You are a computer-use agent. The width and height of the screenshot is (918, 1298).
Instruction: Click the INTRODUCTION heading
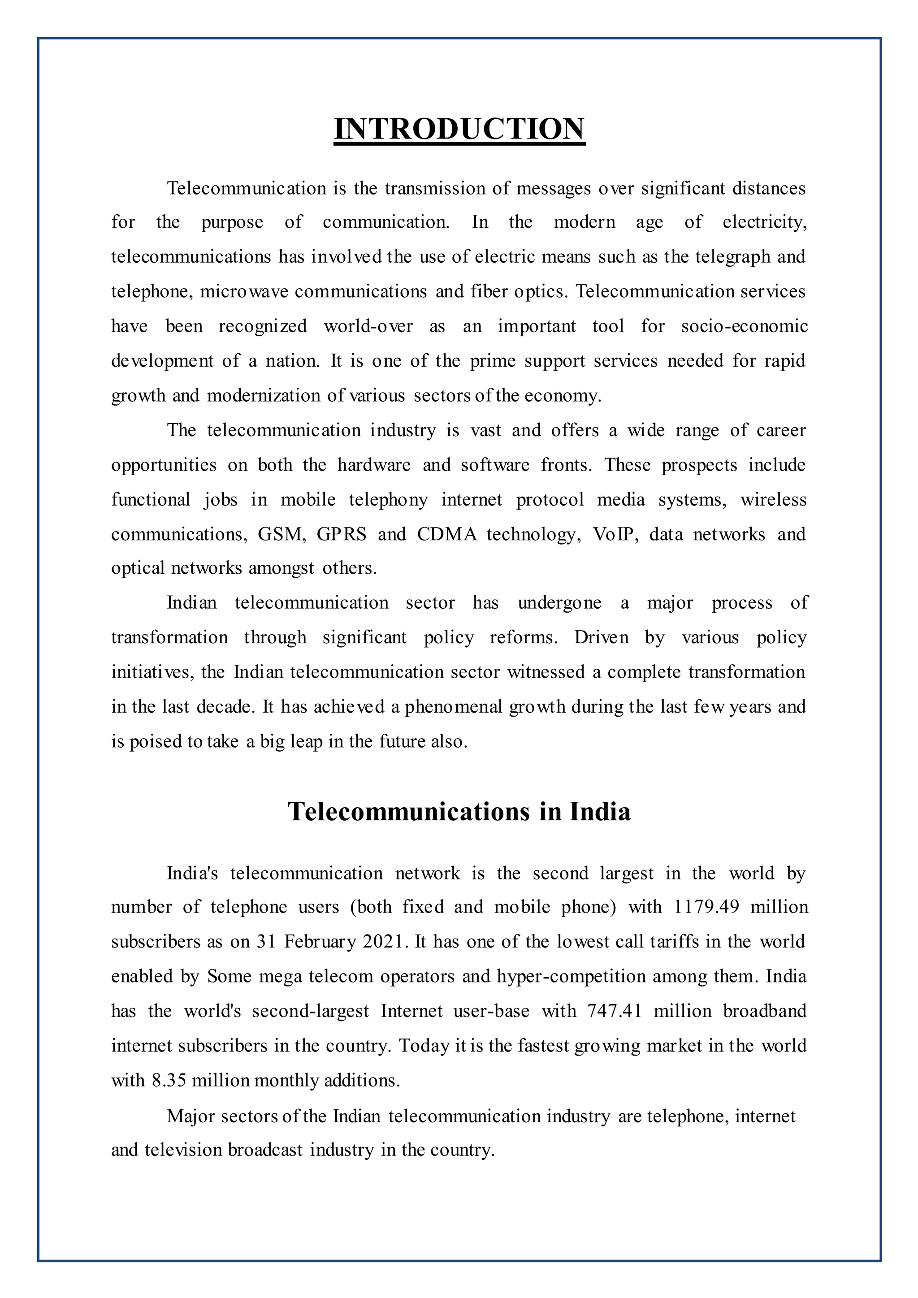(459, 129)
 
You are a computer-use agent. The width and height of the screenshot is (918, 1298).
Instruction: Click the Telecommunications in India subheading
(459, 812)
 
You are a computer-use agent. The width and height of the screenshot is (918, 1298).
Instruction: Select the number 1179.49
(706, 907)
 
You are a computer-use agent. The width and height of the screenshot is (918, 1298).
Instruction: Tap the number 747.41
(615, 1011)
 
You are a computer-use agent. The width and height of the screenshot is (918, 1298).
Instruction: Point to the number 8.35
(169, 1080)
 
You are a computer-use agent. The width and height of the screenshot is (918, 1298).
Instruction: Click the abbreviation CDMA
(447, 534)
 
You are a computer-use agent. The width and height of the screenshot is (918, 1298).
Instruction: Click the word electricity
(764, 222)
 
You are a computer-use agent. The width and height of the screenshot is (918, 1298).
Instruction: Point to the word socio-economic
(744, 326)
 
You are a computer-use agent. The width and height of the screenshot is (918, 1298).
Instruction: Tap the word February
(320, 942)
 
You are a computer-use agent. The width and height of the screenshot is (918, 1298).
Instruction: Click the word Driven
(602, 638)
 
